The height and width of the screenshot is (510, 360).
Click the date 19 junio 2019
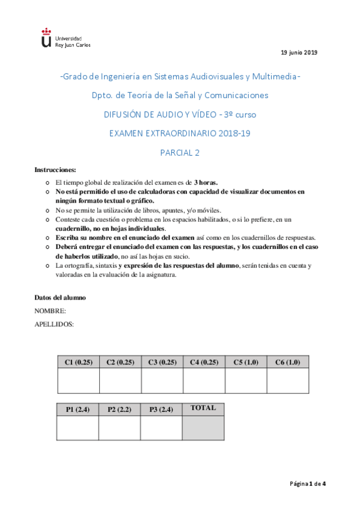[x=299, y=53]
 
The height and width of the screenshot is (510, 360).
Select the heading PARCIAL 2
[x=180, y=152]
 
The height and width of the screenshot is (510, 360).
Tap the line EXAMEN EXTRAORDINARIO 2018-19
[x=180, y=133]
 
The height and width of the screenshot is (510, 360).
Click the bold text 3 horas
[x=206, y=182]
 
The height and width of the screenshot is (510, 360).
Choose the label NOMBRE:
[x=50, y=311]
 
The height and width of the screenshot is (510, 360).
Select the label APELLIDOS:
[x=54, y=325]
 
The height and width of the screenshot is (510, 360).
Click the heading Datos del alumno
[x=60, y=297]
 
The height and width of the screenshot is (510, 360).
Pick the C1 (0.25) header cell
[x=78, y=362]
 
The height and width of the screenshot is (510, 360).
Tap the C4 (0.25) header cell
[x=204, y=362]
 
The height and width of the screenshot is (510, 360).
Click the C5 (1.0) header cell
[x=245, y=362]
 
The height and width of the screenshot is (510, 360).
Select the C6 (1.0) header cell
[x=287, y=362]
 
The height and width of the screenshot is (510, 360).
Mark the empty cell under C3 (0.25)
[x=162, y=381]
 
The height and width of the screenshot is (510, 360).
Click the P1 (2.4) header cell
[x=78, y=410]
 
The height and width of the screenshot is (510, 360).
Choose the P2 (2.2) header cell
[x=120, y=410]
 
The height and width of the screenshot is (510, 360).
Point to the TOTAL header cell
[x=203, y=408]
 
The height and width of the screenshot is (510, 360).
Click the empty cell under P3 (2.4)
[x=161, y=428]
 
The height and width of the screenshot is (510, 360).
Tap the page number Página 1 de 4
[x=308, y=484]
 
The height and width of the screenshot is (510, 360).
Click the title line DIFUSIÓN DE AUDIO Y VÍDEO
[x=180, y=114]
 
